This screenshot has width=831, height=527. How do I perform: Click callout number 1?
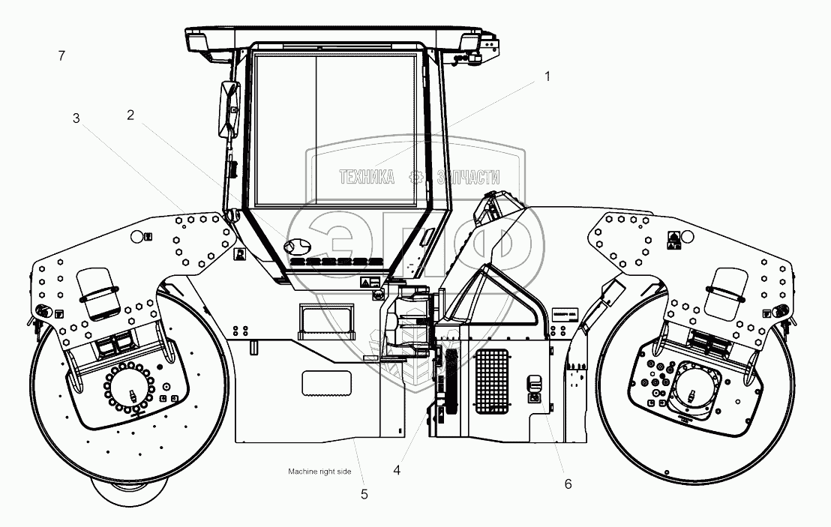(x=547, y=76)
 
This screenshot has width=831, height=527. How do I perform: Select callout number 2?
(x=130, y=115)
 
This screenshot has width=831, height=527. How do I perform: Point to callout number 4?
(x=397, y=471)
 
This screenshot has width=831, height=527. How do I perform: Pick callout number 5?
(x=364, y=494)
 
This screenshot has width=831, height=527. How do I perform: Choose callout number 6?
(x=568, y=484)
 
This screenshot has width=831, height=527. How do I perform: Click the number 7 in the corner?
(x=61, y=55)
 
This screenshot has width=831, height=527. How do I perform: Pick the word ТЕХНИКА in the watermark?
(x=367, y=178)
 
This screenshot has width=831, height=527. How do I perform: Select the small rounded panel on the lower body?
(x=326, y=382)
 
